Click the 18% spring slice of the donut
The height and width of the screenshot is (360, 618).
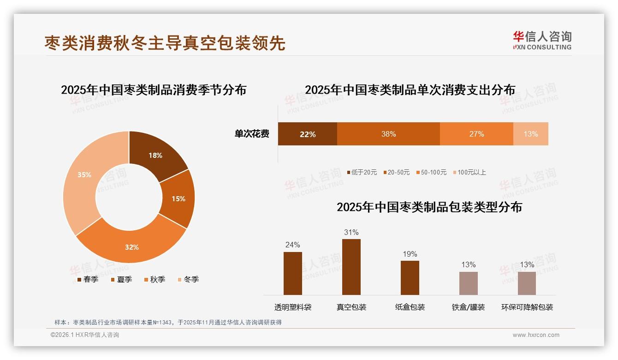[x=155, y=156]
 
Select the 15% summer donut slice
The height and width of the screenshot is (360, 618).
[x=178, y=198]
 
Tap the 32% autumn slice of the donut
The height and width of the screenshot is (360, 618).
[x=132, y=246]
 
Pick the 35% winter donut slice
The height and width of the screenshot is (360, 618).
[x=84, y=175]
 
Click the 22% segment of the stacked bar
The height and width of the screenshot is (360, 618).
[x=307, y=134]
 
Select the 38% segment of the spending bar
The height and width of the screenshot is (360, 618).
[x=388, y=134]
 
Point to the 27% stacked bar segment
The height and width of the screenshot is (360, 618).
[x=476, y=134]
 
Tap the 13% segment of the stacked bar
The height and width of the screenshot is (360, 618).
[x=530, y=134]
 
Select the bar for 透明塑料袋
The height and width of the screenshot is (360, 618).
[x=292, y=273]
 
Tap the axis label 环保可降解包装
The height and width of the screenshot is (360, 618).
[x=527, y=307]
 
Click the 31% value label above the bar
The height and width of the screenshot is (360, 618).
[x=351, y=232]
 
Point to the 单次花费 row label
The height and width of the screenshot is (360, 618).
[x=252, y=134]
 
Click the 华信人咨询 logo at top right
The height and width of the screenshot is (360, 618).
[x=542, y=40]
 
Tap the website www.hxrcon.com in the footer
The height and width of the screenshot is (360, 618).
[x=535, y=335]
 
